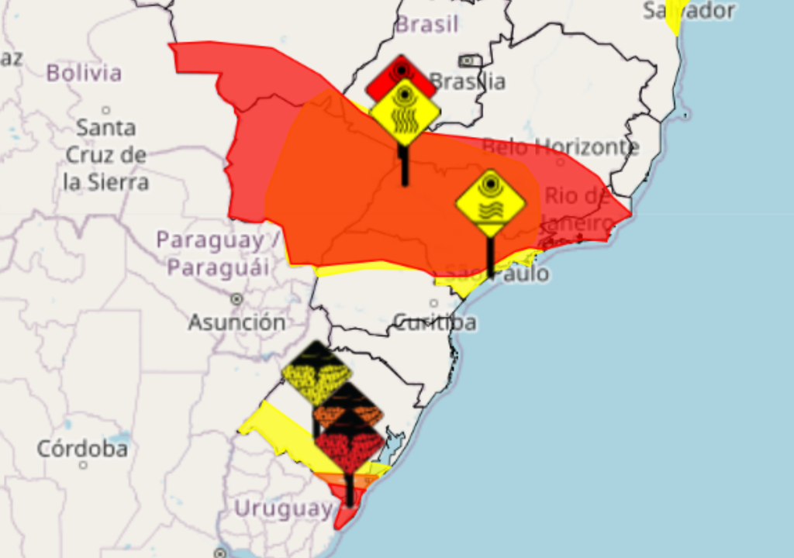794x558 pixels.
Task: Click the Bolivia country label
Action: click(x=84, y=74)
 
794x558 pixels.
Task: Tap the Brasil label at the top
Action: click(x=426, y=24)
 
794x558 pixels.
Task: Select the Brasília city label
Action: click(x=468, y=81)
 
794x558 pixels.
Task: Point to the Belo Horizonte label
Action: click(x=561, y=146)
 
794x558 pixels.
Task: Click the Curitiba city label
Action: click(x=435, y=322)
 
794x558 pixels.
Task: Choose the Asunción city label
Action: click(x=236, y=322)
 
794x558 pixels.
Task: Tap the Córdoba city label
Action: click(x=82, y=448)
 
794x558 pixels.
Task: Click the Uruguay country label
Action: click(x=283, y=508)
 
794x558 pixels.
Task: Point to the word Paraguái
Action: click(x=219, y=268)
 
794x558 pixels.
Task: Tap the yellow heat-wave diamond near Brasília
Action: click(x=405, y=112)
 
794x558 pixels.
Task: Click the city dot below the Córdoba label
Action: click(x=82, y=465)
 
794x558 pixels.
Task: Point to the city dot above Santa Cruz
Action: click(x=105, y=110)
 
